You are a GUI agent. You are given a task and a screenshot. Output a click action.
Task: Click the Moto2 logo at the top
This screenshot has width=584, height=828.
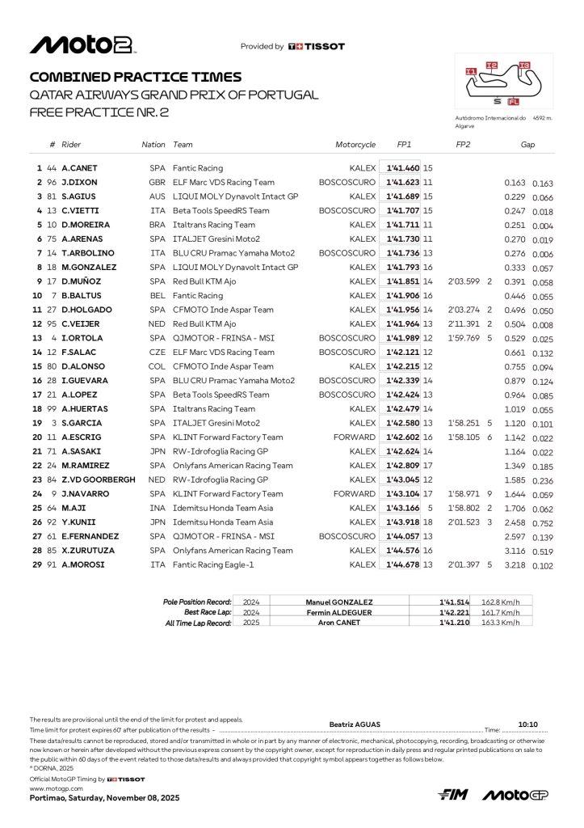[82, 45]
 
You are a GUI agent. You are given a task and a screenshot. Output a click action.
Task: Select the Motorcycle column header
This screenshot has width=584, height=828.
[355, 145]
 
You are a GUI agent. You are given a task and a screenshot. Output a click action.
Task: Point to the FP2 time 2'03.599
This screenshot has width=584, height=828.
[464, 281]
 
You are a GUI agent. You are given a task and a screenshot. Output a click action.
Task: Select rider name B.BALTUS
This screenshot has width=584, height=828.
[81, 296]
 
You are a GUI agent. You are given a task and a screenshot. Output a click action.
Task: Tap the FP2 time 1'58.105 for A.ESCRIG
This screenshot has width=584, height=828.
[464, 437]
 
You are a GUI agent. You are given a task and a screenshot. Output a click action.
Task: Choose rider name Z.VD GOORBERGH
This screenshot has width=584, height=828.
[99, 479]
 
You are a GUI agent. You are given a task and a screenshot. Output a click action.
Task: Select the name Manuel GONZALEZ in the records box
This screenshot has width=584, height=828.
[339, 602]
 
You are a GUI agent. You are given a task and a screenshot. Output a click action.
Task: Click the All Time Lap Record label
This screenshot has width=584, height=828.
[198, 623]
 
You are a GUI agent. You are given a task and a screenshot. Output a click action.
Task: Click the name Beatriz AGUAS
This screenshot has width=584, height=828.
[355, 724]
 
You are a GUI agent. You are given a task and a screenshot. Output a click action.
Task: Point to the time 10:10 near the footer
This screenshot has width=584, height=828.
[527, 724]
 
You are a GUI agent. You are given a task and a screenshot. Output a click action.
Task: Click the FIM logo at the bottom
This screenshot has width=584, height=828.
[454, 796]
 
